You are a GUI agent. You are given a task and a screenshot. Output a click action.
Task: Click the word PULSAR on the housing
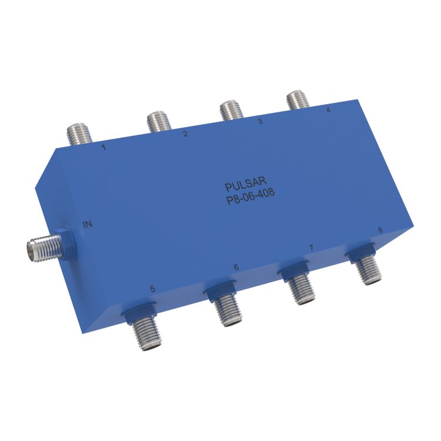point(246,184)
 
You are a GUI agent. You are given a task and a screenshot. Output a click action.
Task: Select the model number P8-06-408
point(251,196)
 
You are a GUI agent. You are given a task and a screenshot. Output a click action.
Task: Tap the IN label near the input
point(88,224)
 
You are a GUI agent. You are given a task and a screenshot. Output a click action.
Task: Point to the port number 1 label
point(104,147)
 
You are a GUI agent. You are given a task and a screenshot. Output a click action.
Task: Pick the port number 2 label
point(185,133)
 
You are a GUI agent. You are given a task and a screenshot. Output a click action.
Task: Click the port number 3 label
point(260,121)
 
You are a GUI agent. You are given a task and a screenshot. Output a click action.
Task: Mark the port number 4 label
point(328,110)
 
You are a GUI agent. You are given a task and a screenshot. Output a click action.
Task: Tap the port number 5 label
point(153,289)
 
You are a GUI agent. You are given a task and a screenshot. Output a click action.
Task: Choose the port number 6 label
point(236,267)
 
